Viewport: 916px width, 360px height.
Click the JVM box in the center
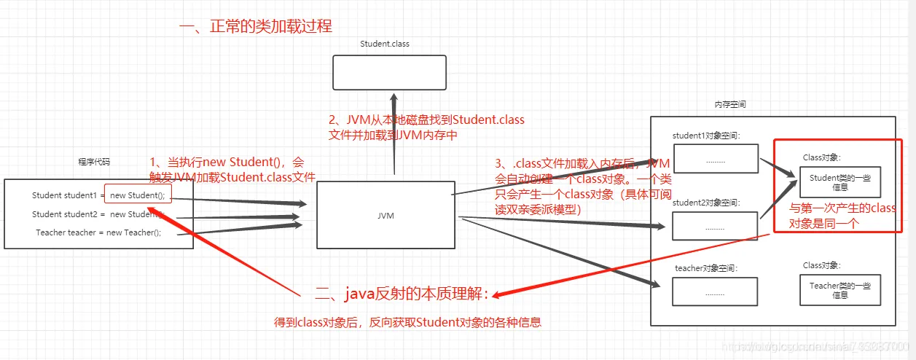385,215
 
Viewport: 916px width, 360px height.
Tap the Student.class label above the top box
385,44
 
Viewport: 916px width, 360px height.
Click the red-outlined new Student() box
138,195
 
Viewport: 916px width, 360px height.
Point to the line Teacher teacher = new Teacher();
98,232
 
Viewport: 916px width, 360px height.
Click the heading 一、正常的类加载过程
255,27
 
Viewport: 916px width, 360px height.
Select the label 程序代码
95,162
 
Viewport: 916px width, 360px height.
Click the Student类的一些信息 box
839,182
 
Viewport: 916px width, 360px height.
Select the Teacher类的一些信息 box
839,290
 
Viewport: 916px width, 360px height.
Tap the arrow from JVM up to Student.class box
394,135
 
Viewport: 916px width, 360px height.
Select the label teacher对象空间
706,268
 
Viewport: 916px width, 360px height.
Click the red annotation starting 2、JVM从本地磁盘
426,127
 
